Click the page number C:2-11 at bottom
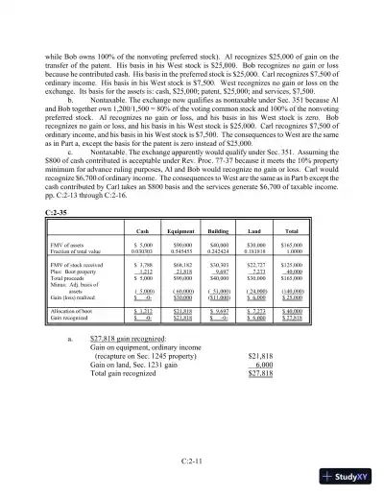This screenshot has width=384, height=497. pos(192,462)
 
